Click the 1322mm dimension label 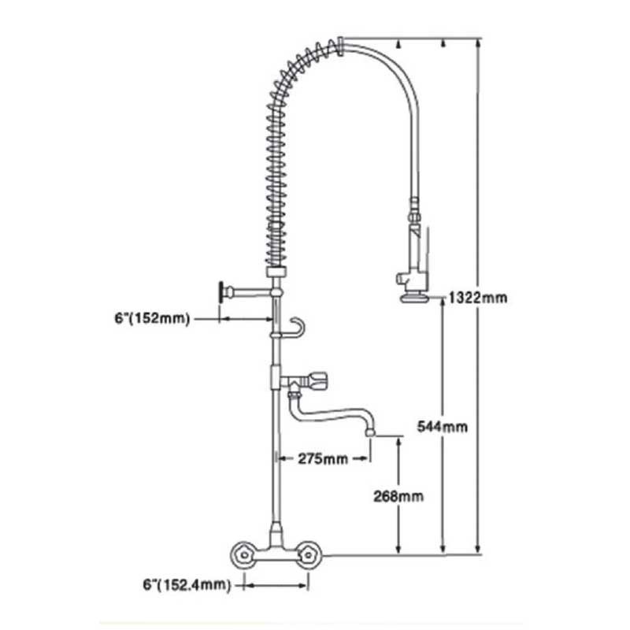tap(478, 298)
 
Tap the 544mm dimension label tap(443, 426)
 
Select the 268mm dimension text tap(398, 496)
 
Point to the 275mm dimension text tap(323, 458)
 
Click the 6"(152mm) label tap(152, 319)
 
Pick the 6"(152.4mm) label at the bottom tap(187, 584)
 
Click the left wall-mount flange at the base tap(243, 555)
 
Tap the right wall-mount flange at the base tap(308, 555)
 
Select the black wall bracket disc tap(220, 292)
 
